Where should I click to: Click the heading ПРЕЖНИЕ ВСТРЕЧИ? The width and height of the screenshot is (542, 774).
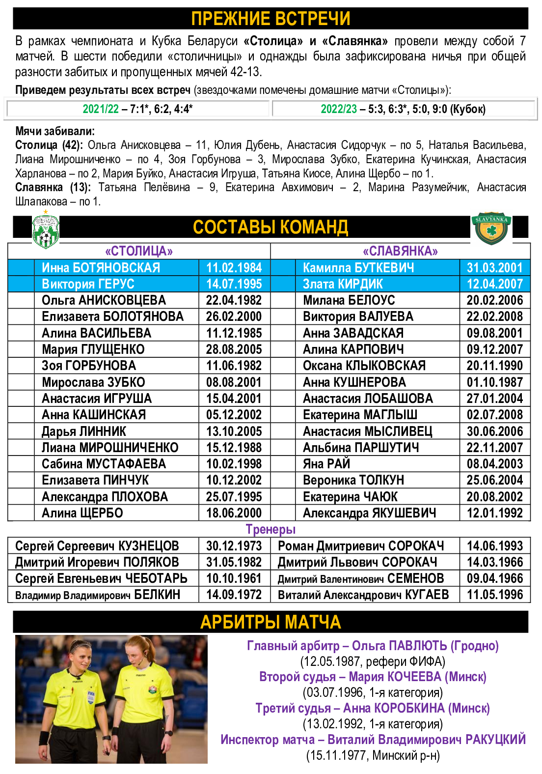(271, 19)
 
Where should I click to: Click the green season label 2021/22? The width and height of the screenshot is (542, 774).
(101, 109)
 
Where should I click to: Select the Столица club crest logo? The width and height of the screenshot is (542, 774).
(45, 230)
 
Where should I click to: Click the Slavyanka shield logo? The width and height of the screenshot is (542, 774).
(491, 228)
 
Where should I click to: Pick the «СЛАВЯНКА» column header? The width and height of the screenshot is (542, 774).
(400, 251)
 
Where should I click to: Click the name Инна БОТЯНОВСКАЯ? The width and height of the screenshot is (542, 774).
(101, 268)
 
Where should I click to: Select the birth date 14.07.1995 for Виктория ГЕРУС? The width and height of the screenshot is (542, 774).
(234, 284)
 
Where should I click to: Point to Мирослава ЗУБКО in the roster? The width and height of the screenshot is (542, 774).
(93, 382)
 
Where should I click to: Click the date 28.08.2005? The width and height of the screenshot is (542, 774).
(234, 349)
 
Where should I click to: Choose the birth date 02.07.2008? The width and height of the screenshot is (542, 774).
(495, 415)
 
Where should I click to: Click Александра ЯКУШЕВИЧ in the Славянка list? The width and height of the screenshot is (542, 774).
(369, 513)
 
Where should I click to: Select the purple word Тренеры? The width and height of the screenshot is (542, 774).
(271, 529)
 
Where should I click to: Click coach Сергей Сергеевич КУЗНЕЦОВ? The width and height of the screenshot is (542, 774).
(97, 546)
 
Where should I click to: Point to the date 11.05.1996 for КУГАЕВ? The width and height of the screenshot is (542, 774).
(495, 595)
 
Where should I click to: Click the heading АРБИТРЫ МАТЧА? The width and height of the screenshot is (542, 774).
(271, 622)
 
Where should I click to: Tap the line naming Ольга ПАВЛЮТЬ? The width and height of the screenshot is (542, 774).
(373, 646)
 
